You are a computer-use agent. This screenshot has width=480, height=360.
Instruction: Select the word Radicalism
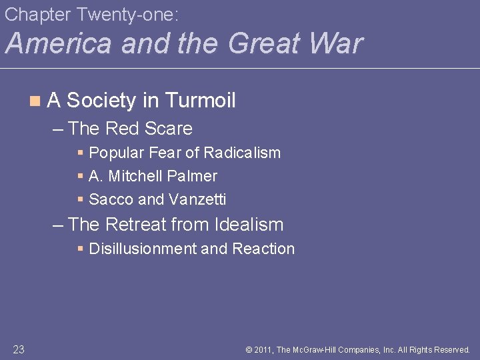[242, 153]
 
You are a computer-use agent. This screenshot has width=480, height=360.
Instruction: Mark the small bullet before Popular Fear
[80, 153]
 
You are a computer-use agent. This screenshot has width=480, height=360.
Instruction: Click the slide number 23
[18, 349]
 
